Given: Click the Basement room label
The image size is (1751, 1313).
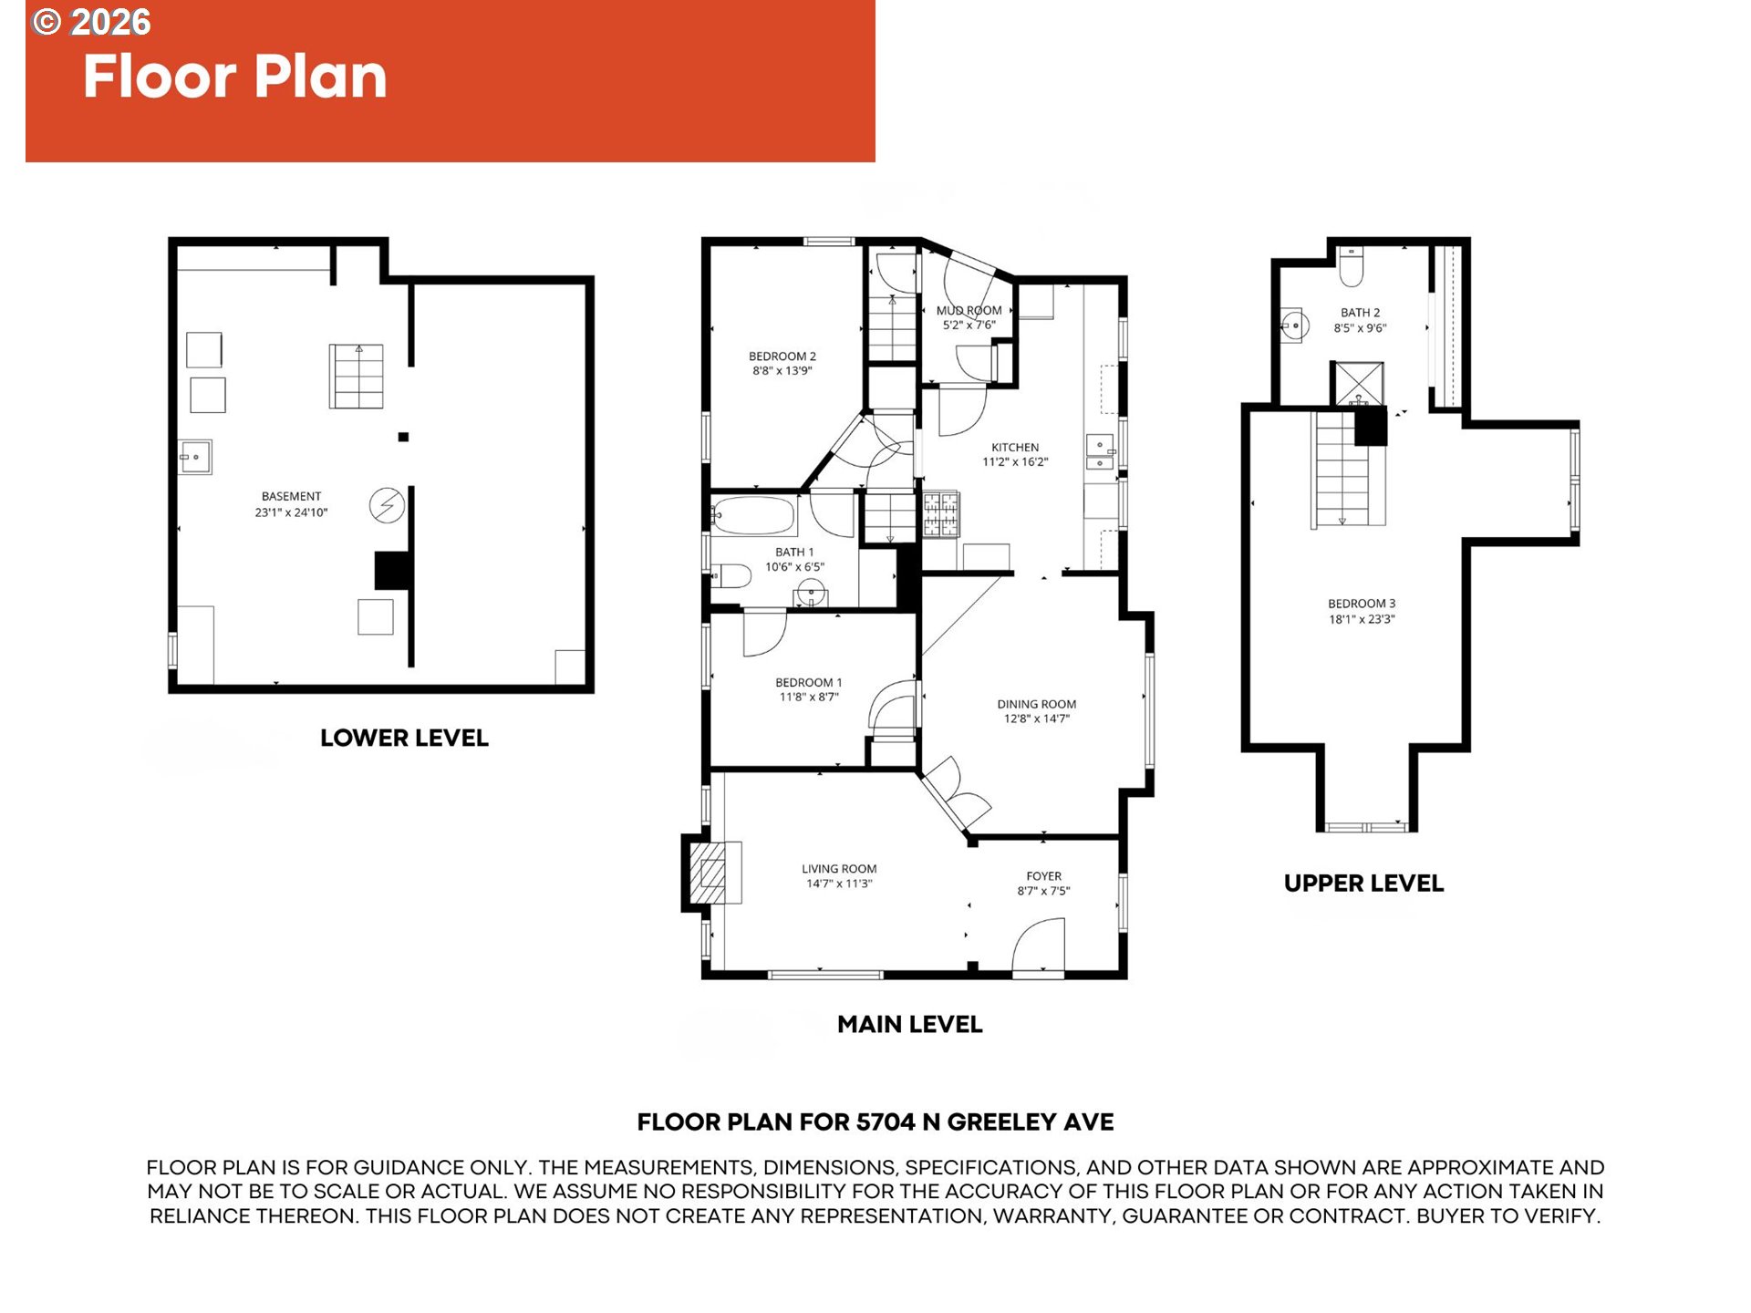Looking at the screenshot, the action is [291, 497].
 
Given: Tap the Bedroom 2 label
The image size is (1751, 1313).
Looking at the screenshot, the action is [782, 357].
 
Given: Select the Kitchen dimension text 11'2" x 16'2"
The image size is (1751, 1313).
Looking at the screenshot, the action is [1015, 462].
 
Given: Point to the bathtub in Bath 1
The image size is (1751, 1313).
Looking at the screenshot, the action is [753, 516].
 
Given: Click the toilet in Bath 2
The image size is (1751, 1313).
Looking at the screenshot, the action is [1352, 265].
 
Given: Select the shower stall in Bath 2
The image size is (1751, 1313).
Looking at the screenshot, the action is [1358, 384].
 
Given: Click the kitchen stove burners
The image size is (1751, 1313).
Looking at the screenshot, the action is [941, 515].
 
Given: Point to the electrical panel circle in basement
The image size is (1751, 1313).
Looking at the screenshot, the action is [387, 505].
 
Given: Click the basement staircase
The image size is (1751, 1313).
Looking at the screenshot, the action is [357, 377].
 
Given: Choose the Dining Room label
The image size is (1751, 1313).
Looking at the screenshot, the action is [1036, 704].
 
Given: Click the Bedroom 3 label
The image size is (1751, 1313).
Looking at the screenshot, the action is [1362, 604].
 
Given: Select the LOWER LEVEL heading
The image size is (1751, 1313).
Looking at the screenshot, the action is [404, 738].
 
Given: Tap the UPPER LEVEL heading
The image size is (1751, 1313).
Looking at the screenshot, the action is [1363, 883].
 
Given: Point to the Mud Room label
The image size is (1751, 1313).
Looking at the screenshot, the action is [969, 311].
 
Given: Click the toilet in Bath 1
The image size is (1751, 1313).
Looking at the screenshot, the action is [731, 576].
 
